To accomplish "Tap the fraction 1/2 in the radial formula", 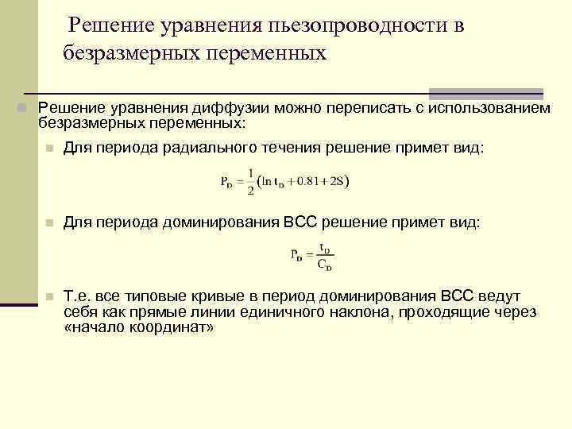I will pyautogui.click(x=251, y=181).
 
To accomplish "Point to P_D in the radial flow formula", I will pyautogui.click(x=227, y=182).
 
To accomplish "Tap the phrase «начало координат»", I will pyautogui.click(x=138, y=327).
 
